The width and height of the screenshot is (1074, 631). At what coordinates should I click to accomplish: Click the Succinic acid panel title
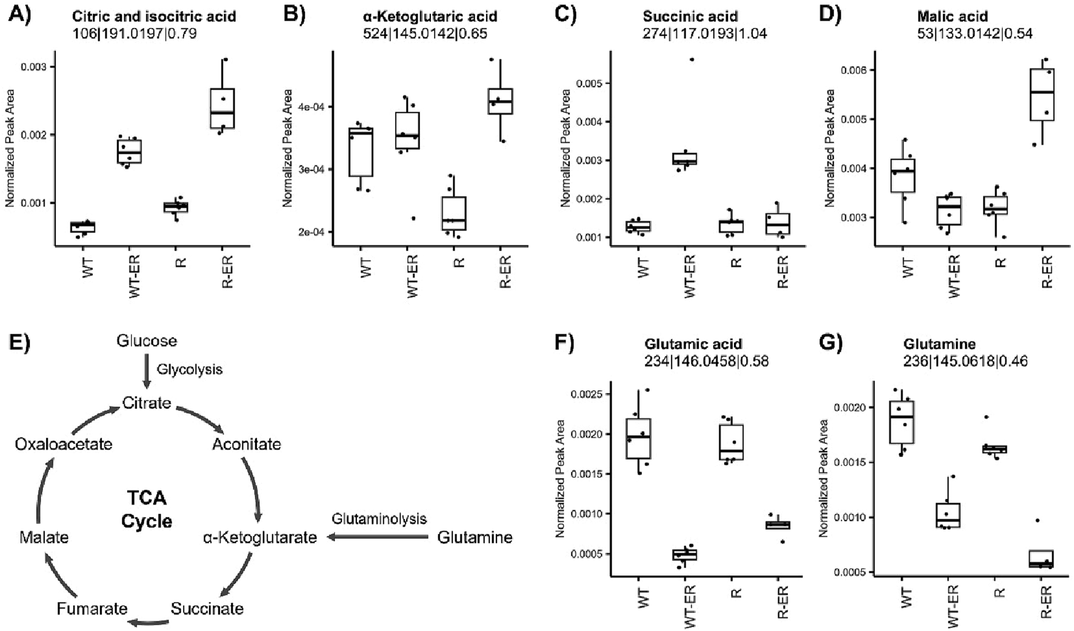pos(690,16)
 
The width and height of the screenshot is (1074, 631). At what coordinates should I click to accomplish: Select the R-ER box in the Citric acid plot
pos(222,109)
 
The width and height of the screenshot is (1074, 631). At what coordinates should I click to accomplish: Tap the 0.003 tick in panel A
pos(34,67)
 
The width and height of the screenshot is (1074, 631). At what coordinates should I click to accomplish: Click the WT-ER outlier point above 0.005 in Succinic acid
pos(692,59)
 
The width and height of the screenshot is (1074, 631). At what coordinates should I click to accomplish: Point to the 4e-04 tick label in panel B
pos(313,107)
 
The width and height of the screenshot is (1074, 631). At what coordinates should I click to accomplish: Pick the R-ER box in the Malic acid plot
pos(1042,95)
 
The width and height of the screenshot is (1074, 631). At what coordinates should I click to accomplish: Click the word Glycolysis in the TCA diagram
pos(189,369)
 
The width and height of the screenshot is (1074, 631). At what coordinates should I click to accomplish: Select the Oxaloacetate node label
pos(64,444)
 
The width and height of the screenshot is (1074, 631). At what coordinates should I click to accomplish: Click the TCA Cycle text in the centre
pos(147,510)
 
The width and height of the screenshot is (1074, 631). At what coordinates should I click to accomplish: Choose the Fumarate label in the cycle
pos(92,609)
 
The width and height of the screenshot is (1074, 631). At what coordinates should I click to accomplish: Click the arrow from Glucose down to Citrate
pos(146,371)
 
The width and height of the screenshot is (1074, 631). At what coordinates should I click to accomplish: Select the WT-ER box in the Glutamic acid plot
pos(685,555)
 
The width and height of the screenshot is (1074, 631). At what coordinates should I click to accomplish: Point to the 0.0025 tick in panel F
pos(586,394)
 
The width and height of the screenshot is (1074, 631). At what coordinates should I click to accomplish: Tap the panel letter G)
pos(830,343)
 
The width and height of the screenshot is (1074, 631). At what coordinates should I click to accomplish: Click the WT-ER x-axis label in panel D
pos(953,276)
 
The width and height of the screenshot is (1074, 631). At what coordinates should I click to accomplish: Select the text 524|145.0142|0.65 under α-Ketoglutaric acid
pos(425,33)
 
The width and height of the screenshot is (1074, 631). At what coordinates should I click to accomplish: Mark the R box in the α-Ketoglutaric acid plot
pos(454,213)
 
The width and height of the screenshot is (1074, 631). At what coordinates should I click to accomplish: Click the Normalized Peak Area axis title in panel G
pos(822,478)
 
